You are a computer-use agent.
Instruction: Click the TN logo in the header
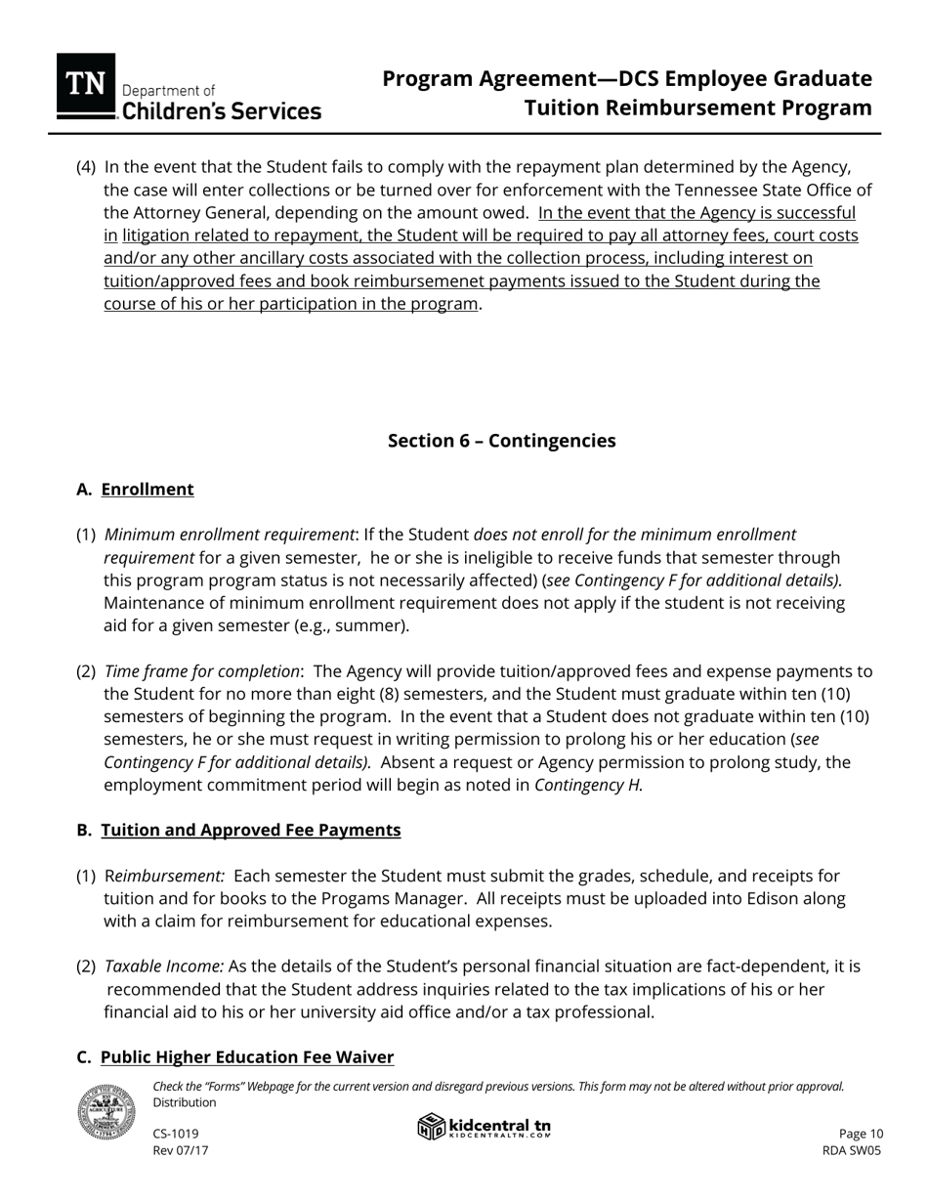[x=86, y=86]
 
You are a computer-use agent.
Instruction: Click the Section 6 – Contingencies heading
[x=501, y=441]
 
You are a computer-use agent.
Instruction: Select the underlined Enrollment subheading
[x=148, y=490]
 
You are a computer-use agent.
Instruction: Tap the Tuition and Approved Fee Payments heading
[x=251, y=830]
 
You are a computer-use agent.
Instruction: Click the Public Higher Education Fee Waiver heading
[x=247, y=1057]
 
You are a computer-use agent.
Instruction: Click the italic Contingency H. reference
[x=589, y=785]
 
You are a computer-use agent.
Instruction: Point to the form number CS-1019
[x=176, y=1134]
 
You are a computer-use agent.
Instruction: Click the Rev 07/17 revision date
[x=181, y=1150]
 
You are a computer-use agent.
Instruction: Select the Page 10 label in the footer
[x=861, y=1134]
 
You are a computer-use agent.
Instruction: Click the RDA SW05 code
[x=852, y=1150]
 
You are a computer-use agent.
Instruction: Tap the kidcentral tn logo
[x=485, y=1128]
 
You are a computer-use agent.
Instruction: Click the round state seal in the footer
[x=106, y=1112]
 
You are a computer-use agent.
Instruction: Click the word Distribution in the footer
[x=185, y=1102]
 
